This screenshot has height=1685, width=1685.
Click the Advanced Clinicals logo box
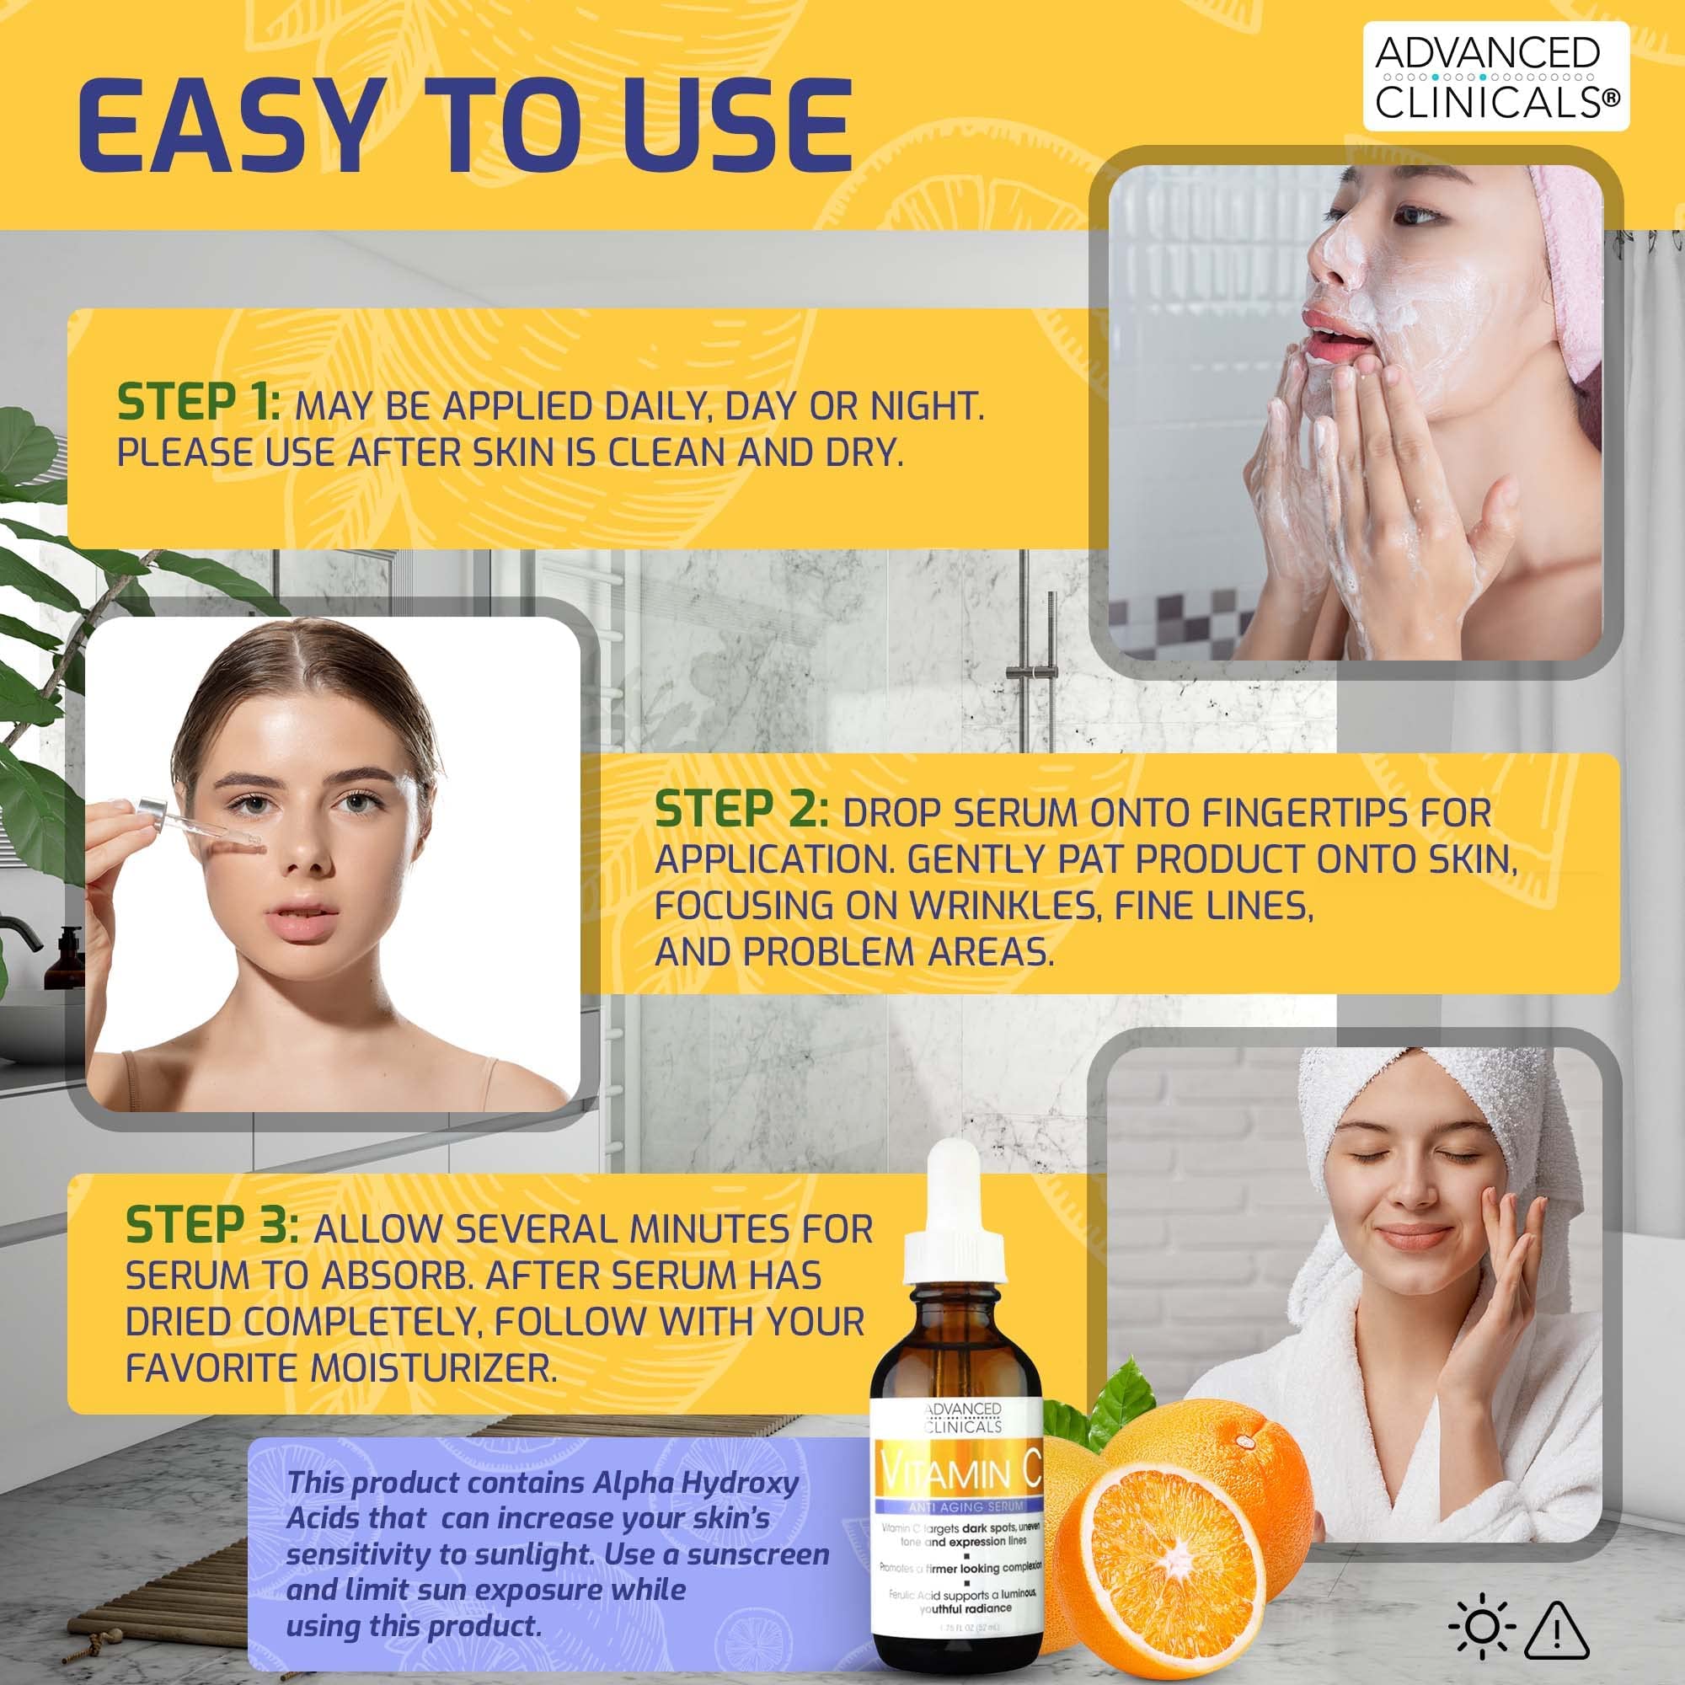(x=1495, y=77)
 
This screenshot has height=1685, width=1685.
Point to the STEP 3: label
(x=212, y=1225)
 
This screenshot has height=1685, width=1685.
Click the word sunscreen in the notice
(x=757, y=1554)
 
